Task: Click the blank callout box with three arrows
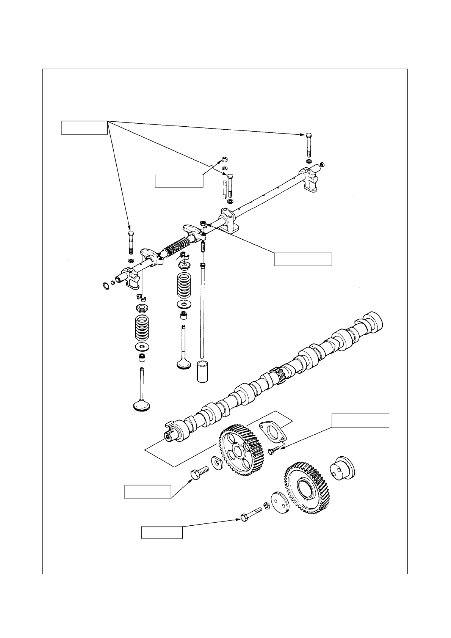coord(84,127)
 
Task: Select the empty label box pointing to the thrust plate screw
coord(360,421)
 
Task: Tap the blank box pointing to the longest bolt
coord(162,532)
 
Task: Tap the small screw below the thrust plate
coord(272,451)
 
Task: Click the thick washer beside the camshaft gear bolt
coord(217,463)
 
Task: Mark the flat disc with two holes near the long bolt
coord(280,504)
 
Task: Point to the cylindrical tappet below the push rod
coord(203,372)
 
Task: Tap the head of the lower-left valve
coord(142,406)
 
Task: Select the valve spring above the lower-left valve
coord(141,328)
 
